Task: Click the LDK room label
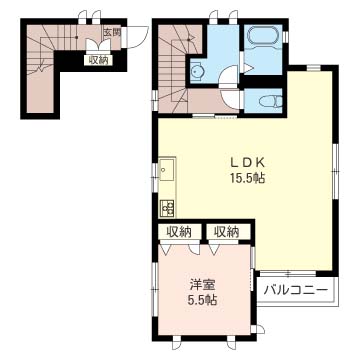(248, 162)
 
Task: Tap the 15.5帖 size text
(247, 179)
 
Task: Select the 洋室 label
(203, 285)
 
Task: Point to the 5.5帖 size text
(202, 301)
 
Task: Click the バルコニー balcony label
(295, 291)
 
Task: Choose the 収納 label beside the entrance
(98, 60)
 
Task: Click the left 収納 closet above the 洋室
(179, 232)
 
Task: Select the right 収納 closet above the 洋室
(227, 232)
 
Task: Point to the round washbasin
(195, 71)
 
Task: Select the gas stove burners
(167, 208)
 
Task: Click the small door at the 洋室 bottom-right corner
(259, 330)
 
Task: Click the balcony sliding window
(287, 273)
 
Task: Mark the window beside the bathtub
(285, 37)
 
